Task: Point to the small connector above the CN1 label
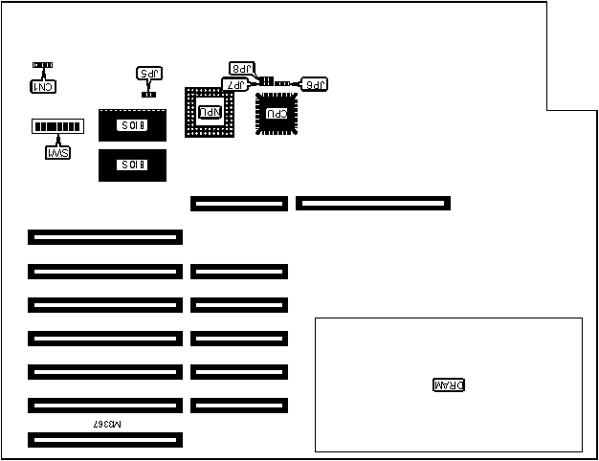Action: [43, 65]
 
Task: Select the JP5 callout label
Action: [149, 74]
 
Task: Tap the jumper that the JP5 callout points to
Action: [149, 94]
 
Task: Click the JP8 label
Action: [243, 68]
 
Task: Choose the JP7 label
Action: [234, 84]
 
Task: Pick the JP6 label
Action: [315, 84]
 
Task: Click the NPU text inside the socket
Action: [210, 113]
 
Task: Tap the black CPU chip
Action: [277, 113]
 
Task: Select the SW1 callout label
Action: [57, 151]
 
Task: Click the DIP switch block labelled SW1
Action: [56, 126]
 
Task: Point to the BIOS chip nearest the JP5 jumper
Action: [132, 125]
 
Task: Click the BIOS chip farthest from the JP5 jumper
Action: [132, 165]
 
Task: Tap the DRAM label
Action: [449, 385]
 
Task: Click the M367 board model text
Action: [108, 422]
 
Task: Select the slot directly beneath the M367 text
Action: [105, 440]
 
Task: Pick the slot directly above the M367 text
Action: [105, 406]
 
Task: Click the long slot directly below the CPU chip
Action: [372, 203]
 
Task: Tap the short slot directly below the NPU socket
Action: [238, 203]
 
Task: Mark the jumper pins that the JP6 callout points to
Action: [283, 84]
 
